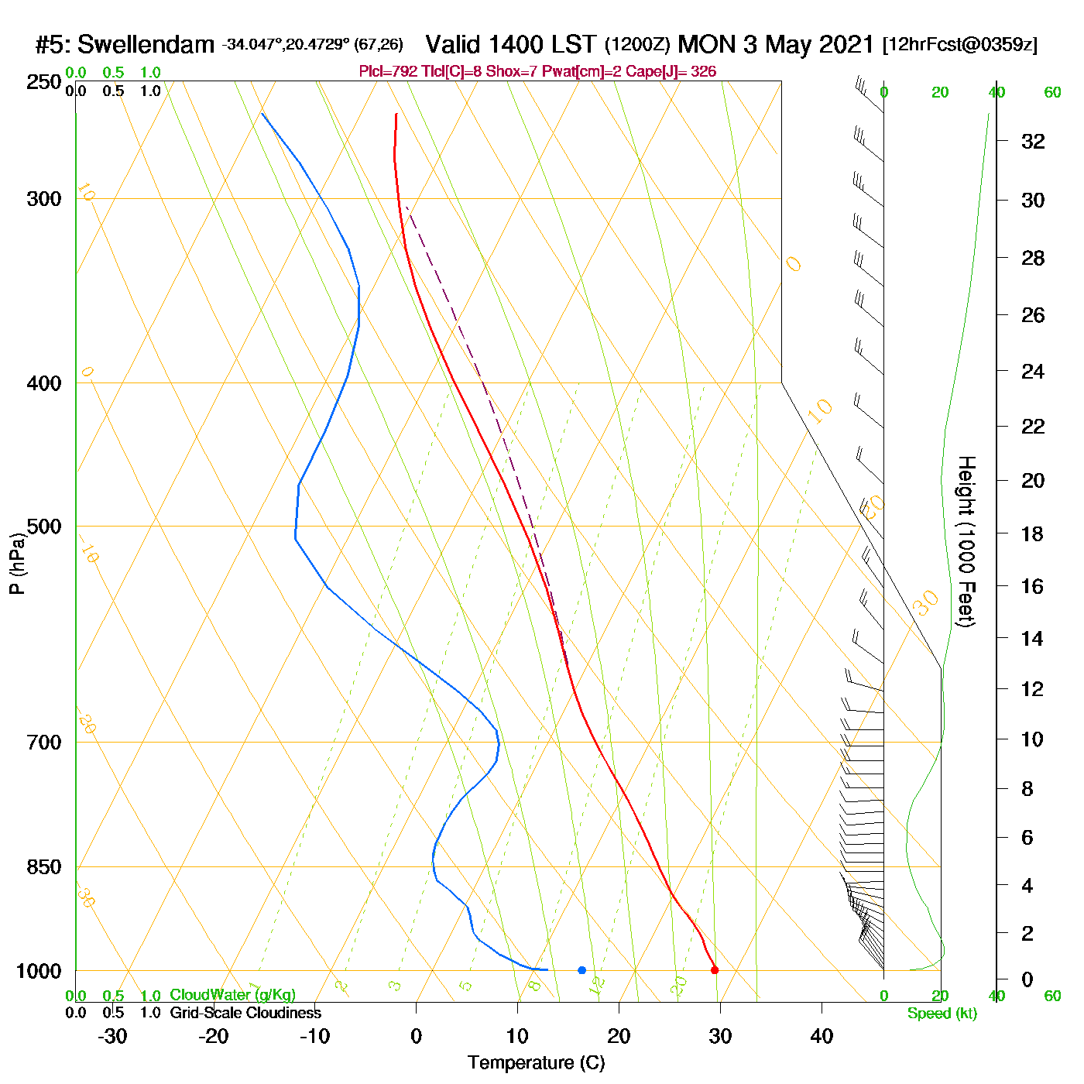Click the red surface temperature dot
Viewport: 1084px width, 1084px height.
714,970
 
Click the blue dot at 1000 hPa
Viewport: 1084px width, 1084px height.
581,970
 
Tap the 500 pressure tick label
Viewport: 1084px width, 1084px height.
44,527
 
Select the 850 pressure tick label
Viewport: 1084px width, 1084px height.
44,867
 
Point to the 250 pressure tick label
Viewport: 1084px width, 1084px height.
44,82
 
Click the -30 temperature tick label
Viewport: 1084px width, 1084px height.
112,1036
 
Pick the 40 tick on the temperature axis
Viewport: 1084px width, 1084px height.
822,1036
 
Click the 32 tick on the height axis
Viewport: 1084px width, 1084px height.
1033,141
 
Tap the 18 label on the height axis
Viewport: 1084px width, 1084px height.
1032,533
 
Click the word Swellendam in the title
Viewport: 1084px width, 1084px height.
146,45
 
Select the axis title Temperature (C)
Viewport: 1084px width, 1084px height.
536,1063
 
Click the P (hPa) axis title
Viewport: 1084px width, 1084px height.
17,563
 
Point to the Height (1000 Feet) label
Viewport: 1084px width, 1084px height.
966,541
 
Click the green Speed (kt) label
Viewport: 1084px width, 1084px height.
942,1014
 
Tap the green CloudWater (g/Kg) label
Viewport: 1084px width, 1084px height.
232,995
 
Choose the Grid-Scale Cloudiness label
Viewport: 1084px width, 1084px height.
245,1013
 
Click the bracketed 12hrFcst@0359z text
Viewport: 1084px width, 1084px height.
960,45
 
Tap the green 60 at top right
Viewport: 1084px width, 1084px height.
1052,93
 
